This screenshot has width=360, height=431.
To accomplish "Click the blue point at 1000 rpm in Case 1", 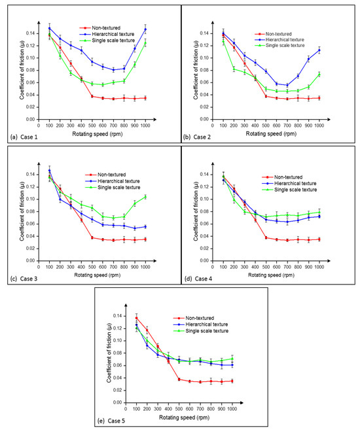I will pyautogui.click(x=145, y=29).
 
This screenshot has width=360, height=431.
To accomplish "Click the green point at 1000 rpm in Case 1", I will pyautogui.click(x=145, y=43).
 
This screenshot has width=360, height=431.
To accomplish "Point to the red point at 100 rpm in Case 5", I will pyautogui.click(x=136, y=318).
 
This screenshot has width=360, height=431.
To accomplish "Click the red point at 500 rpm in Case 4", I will pyautogui.click(x=266, y=237).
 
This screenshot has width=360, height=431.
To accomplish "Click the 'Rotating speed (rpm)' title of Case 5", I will pyautogui.click(x=184, y=412).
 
